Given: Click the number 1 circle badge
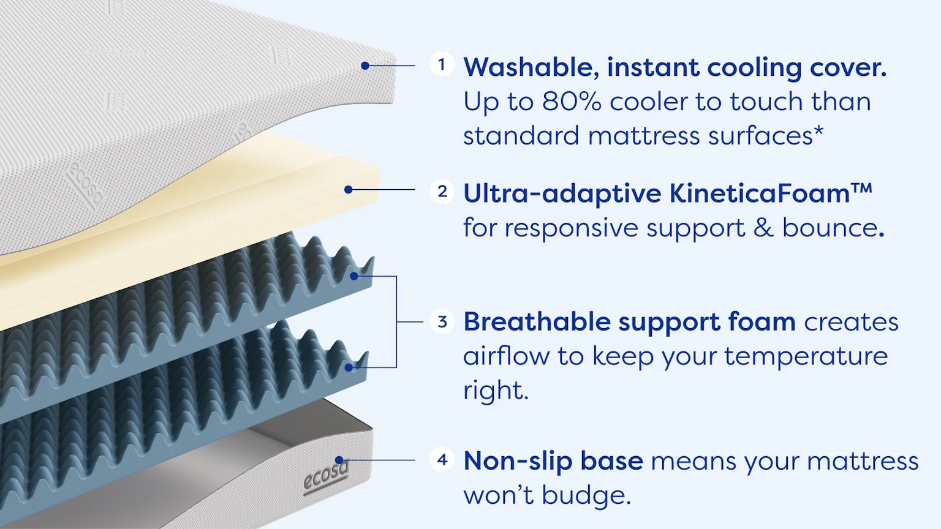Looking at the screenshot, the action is click(442, 64).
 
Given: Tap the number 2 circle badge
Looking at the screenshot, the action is click(442, 192).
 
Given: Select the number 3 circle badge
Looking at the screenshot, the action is click(442, 321).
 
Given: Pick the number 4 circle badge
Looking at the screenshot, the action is click(442, 459).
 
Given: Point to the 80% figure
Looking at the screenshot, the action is click(572, 102).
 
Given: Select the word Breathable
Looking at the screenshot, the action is click(537, 322).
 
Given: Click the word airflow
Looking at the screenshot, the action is click(506, 356).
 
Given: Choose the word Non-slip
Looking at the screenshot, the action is click(518, 460).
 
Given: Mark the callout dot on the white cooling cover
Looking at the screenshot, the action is click(365, 66).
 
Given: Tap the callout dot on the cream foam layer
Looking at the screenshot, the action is click(348, 190).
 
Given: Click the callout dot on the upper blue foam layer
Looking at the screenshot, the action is click(354, 276).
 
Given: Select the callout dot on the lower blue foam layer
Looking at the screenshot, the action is click(349, 368).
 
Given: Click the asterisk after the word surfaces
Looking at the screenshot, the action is click(818, 132).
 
